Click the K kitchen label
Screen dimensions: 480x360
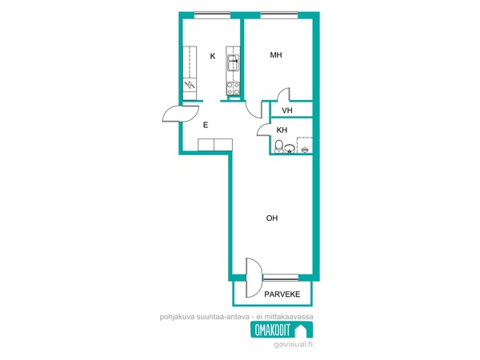(x=213, y=56)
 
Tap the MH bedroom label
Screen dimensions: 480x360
(x=276, y=55)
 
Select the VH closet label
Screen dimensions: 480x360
(x=287, y=110)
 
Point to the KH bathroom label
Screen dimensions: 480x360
(x=282, y=130)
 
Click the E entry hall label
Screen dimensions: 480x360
(x=206, y=125)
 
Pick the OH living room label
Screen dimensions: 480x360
(x=272, y=218)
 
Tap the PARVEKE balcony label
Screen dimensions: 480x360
(x=282, y=294)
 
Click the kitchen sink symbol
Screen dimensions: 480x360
(x=234, y=62)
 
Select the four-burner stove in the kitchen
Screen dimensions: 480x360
(x=234, y=89)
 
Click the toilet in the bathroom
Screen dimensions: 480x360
(x=279, y=146)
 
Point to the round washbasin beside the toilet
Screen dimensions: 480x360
(x=290, y=149)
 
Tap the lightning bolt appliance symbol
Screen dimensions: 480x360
(x=190, y=84)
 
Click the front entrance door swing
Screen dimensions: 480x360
(x=181, y=114)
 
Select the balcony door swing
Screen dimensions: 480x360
(x=254, y=278)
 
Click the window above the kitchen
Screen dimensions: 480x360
(x=212, y=14)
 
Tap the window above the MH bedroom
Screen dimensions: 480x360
(x=279, y=14)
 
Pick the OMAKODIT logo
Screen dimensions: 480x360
(x=282, y=330)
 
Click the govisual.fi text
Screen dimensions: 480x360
(x=294, y=344)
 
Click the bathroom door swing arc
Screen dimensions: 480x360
(x=263, y=129)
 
